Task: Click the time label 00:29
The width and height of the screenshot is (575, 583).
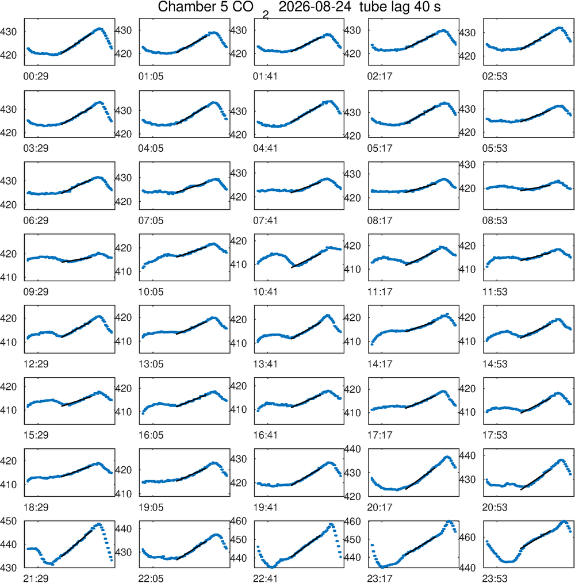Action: click(36, 76)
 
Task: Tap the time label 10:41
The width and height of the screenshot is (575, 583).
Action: click(265, 292)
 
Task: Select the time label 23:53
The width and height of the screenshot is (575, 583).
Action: click(494, 578)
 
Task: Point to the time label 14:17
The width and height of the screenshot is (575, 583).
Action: click(379, 364)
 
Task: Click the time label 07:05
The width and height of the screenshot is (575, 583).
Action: click(151, 220)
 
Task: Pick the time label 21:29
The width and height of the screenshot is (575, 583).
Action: click(36, 578)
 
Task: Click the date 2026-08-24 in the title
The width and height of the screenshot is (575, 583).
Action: click(315, 7)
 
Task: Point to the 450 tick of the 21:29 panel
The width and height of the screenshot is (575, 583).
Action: click(8, 521)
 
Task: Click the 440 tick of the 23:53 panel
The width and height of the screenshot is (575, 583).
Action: click(467, 567)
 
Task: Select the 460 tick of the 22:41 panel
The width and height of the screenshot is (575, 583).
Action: click(239, 521)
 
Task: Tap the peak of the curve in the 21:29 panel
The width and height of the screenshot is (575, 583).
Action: click(99, 524)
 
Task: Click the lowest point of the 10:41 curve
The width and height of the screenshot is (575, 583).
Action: click(293, 266)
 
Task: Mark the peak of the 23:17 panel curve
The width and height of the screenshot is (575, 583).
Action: click(449, 521)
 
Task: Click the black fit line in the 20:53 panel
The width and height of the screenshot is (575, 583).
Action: click(535, 480)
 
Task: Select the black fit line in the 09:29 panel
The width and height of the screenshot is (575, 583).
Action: click(76, 259)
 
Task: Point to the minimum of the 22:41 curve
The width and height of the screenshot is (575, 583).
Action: click(272, 567)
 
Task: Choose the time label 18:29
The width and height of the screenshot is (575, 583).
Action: click(36, 508)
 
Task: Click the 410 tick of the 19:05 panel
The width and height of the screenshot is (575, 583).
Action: click(124, 494)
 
